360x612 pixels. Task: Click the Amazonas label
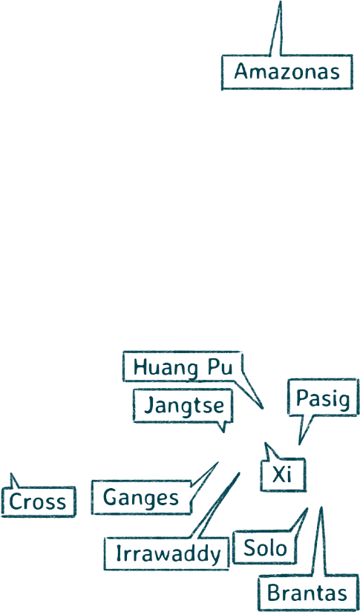tap(287, 72)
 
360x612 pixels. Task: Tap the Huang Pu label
tap(183, 366)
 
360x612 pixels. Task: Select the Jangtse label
tap(183, 406)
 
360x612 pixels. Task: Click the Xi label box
tap(283, 475)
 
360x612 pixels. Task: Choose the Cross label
tap(38, 501)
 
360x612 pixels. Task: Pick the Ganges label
tap(141, 497)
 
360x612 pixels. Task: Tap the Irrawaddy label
tap(166, 553)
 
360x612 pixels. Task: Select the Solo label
tap(265, 548)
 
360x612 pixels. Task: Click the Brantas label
tap(308, 593)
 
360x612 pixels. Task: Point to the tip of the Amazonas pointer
tap(280, 1)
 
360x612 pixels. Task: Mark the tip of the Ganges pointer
tap(217, 462)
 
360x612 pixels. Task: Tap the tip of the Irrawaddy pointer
tap(239, 473)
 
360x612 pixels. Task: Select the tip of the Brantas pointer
tap(321, 507)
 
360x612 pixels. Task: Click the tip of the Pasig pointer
tap(299, 444)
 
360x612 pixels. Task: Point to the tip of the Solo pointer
tap(308, 508)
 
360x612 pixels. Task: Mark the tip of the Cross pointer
tap(11, 474)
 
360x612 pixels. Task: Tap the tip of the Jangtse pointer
tap(223, 432)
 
